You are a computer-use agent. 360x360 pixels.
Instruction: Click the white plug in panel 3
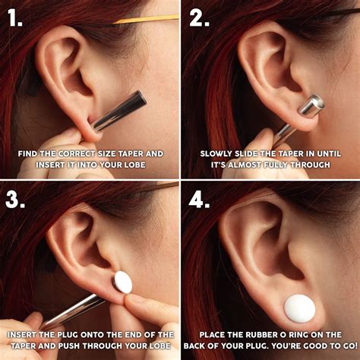coord(122,283)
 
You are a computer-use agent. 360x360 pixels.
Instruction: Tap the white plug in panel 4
coord(299,308)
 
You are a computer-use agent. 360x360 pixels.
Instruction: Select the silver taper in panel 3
coord(72,311)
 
